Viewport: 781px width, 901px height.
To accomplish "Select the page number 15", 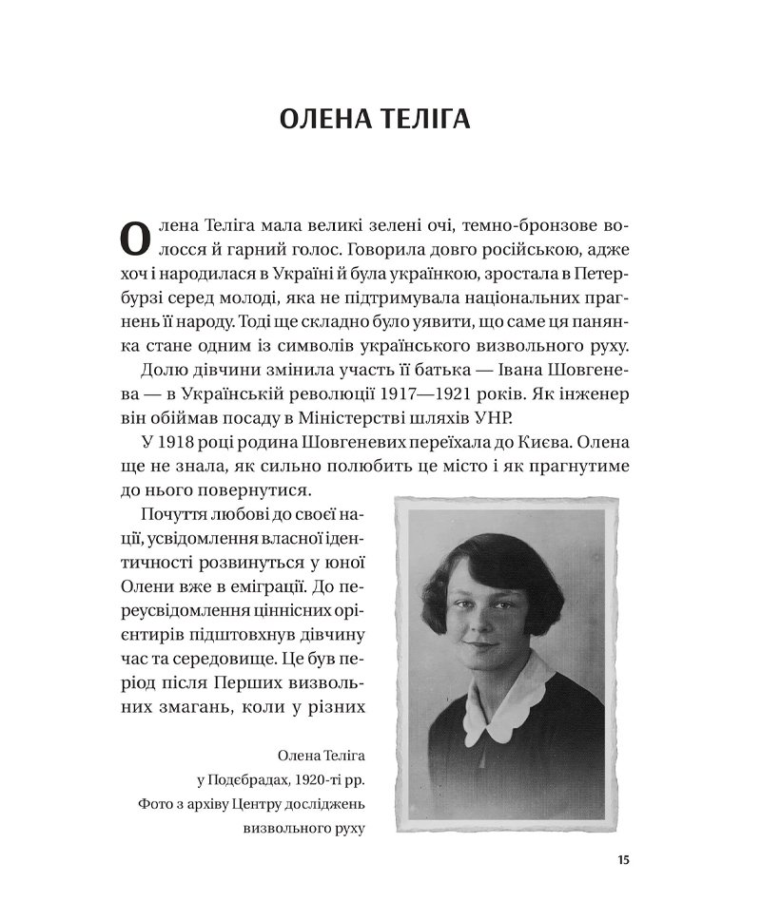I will [623, 860].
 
